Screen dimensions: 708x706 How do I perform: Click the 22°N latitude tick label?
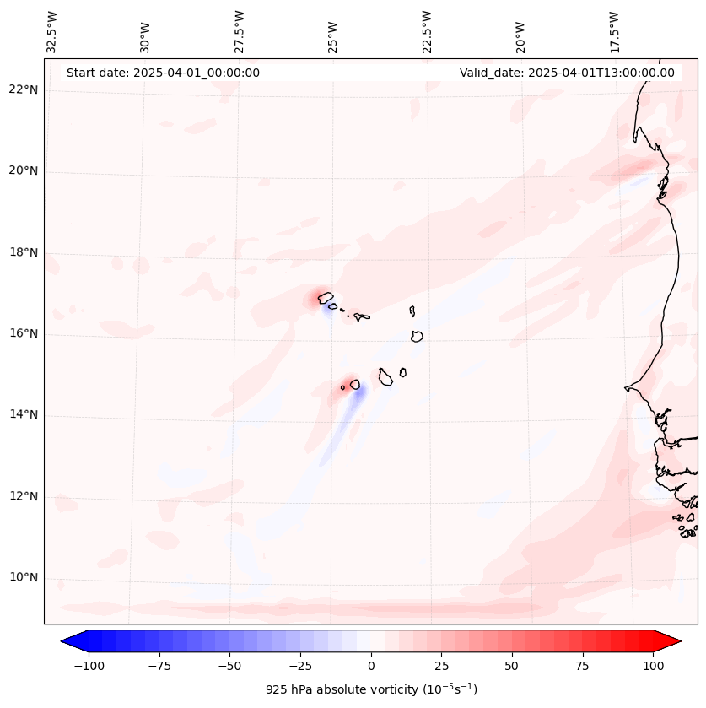24,90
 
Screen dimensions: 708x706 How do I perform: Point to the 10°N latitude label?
24,578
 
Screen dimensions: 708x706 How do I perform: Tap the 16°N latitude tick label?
24,334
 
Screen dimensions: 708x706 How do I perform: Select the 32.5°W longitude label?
52,31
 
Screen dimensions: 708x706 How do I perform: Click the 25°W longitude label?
333,31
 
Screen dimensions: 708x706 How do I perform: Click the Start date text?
163,73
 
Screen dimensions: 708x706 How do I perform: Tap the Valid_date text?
567,73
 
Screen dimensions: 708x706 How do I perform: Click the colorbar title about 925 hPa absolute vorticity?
371,689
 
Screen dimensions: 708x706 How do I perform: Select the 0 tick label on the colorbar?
371,666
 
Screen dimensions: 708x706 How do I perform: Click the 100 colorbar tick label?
653,666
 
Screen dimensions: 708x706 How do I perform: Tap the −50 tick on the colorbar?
230,666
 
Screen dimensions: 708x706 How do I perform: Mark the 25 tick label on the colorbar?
441,666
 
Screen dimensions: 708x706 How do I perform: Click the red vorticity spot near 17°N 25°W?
321,296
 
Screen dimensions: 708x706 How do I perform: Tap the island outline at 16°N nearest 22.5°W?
417,336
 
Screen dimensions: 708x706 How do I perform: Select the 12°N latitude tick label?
24,497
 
